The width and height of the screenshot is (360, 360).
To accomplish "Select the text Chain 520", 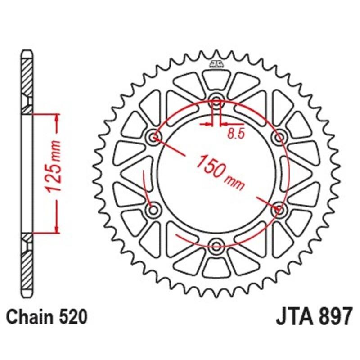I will point(46,317).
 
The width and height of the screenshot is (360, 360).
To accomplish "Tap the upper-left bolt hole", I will point(154,137).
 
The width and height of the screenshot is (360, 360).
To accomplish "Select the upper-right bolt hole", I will point(279,137).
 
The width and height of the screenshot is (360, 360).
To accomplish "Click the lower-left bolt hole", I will point(154,209).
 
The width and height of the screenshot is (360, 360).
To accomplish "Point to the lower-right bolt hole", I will point(279,209).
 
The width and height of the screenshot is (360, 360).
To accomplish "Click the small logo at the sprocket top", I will point(216,64).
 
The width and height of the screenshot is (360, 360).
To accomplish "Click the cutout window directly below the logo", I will point(216,80).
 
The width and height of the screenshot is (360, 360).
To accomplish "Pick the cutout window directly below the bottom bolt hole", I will point(216,267).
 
